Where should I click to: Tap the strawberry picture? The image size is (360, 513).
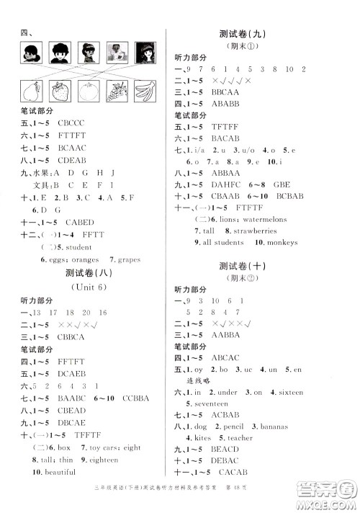click(60, 92)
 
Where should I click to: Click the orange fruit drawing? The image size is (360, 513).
click(88, 92)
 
